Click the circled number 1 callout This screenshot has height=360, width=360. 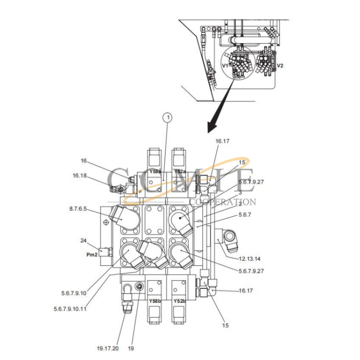point(167,116)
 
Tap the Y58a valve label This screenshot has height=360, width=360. point(155,171)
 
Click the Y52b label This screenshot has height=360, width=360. point(180,301)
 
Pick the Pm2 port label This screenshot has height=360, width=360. point(92,255)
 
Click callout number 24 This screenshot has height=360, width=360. point(83,240)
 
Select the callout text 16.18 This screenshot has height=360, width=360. point(80,176)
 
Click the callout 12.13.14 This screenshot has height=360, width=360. point(250,259)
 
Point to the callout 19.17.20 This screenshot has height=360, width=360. point(108,348)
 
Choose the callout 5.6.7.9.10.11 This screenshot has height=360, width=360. point(70,309)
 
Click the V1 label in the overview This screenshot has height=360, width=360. point(225,64)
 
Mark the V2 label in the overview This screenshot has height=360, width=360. point(280,65)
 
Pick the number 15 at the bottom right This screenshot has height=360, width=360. point(225,325)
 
